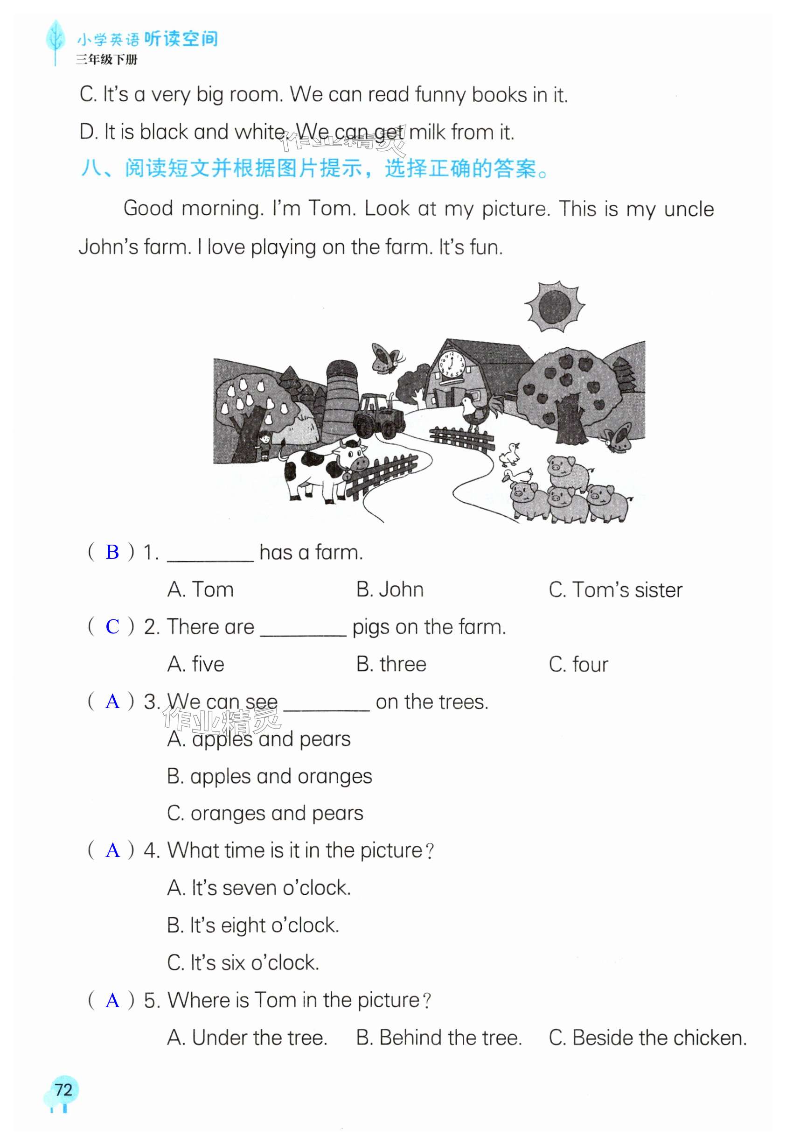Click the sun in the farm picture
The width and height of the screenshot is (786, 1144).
coord(554,307)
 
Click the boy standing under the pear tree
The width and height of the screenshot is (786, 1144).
coord(265,445)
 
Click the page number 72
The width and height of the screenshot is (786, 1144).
coord(63,1089)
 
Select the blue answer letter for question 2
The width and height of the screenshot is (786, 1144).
coord(112,627)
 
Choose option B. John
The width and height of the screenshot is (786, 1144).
coord(390,590)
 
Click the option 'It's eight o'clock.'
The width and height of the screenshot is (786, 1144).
coord(253,925)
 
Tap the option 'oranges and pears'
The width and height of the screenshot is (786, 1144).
coord(265,814)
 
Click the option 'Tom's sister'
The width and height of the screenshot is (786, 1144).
coord(615,590)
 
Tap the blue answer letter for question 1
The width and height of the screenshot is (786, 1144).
coord(112,552)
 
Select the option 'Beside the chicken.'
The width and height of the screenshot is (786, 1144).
coord(647,1038)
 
